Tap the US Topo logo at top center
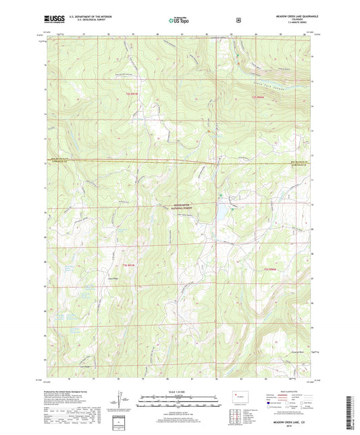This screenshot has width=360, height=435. pyautogui.click(x=179, y=20)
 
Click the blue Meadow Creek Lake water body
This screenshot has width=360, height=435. pyautogui.click(x=221, y=214)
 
